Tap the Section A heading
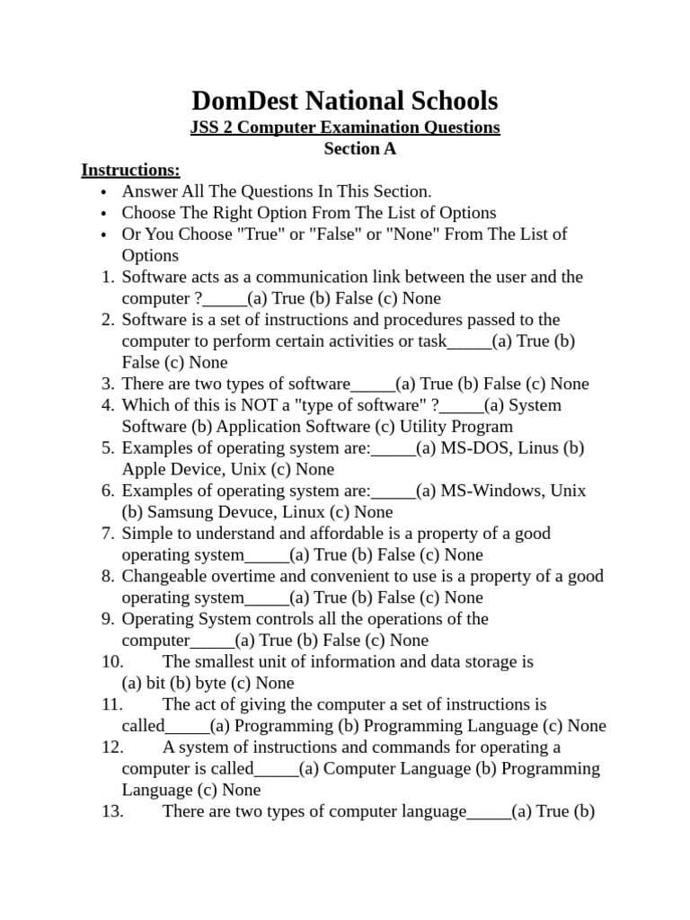tap(359, 149)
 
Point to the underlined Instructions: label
tap(130, 171)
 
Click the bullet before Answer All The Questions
tap(104, 192)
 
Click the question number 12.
tap(111, 747)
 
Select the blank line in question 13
tap(489, 812)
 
